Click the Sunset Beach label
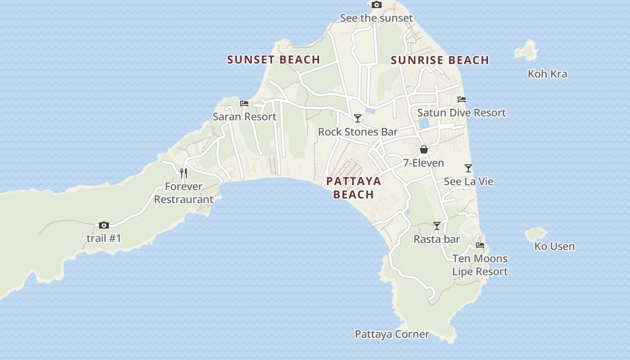[x=273, y=59]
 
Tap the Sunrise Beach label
[x=440, y=60]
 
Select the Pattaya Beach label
[x=354, y=188]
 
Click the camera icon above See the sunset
[x=377, y=5]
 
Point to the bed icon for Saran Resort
[x=244, y=103]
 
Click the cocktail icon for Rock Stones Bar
[x=358, y=118]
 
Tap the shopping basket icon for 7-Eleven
[x=423, y=149]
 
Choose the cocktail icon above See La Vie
[x=468, y=168]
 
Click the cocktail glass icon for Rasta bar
[x=436, y=226]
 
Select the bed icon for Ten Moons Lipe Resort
[x=480, y=245]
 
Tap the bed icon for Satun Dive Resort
[x=461, y=99]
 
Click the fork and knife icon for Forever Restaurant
[x=184, y=173]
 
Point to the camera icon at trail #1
[x=104, y=225]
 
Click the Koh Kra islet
[x=527, y=50]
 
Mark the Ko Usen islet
[x=535, y=234]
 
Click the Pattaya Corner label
[x=391, y=334]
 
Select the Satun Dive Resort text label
[x=461, y=113]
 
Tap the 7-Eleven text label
[x=423, y=163]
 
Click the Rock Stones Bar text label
[x=358, y=132]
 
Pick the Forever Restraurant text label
[x=184, y=193]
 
